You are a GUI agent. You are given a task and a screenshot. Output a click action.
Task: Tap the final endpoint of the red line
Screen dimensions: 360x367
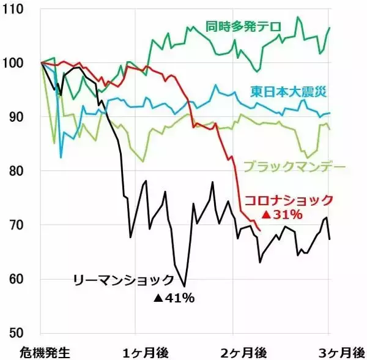tap(261, 231)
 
